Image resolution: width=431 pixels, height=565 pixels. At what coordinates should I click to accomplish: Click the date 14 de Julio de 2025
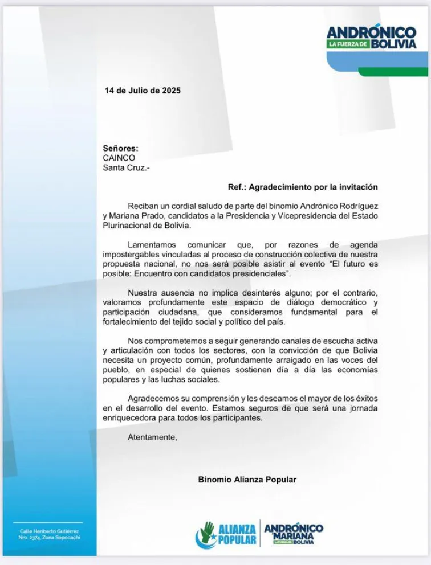[x=143, y=90]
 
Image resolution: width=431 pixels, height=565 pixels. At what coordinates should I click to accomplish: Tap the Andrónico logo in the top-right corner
[x=372, y=39]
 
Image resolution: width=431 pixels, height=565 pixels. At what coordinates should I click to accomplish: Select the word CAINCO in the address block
[x=119, y=158]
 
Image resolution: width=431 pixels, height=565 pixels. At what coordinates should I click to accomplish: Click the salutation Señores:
[x=120, y=148]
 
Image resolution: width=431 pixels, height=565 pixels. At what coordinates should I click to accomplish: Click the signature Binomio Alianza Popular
[x=247, y=480]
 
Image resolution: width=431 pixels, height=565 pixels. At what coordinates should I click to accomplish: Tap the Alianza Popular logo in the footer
[x=226, y=535]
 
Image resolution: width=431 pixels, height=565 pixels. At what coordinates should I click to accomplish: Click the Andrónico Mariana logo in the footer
[x=294, y=534]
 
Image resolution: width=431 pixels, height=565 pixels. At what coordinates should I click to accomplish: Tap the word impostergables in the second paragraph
[x=131, y=254]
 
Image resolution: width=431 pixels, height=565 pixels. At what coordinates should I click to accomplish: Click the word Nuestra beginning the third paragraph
[x=143, y=293]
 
